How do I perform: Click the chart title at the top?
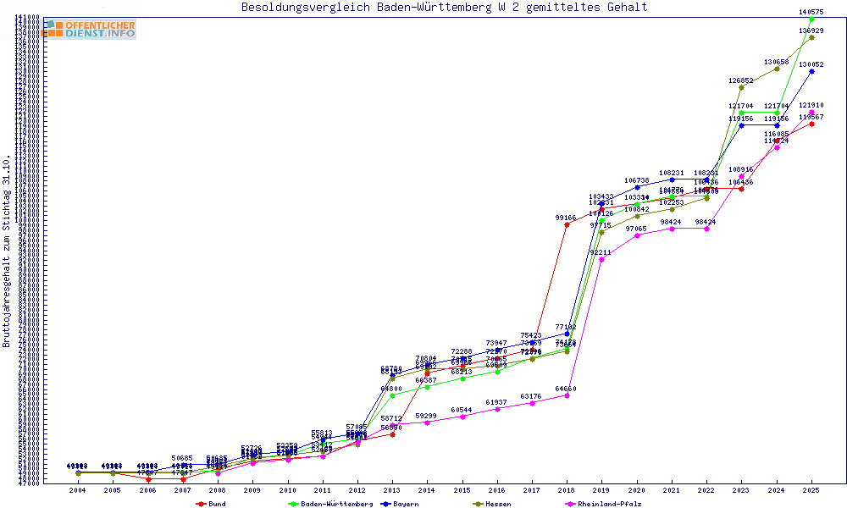[444, 8]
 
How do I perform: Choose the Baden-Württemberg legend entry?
[331, 504]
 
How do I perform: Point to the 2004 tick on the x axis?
[78, 490]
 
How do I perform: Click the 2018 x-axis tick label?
[567, 490]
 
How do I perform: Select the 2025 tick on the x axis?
[811, 490]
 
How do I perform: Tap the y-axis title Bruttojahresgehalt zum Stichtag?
[7, 251]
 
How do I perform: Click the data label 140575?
[811, 12]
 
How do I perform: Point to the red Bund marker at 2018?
[567, 225]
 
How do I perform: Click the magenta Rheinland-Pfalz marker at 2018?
[567, 395]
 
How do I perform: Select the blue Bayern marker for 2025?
[811, 71]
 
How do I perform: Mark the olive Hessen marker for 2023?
[741, 87]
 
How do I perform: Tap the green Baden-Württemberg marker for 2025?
[811, 19]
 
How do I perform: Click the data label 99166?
[567, 218]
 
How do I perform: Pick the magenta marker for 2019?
[601, 259]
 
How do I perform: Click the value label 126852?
[741, 80]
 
